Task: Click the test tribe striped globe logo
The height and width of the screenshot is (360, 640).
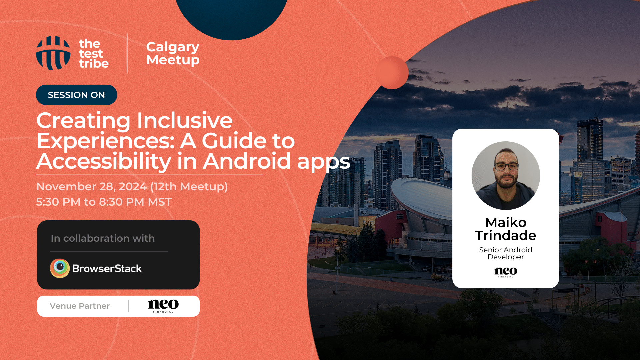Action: click(x=53, y=53)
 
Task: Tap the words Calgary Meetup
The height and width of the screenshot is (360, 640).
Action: click(x=173, y=53)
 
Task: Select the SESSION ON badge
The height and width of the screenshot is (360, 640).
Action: click(x=76, y=95)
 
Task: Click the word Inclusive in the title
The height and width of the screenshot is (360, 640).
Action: click(x=185, y=120)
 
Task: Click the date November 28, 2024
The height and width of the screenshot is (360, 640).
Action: click(x=91, y=187)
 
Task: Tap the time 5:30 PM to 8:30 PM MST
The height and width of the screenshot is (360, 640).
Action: click(x=104, y=202)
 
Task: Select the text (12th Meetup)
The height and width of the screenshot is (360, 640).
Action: click(x=189, y=187)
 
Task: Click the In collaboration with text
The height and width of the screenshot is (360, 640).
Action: click(x=103, y=238)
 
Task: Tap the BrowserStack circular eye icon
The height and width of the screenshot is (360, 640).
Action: click(x=60, y=268)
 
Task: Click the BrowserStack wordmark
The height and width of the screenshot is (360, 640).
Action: click(x=107, y=269)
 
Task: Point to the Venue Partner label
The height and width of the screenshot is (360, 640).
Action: click(x=80, y=306)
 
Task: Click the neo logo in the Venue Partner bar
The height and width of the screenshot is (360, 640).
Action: click(x=163, y=306)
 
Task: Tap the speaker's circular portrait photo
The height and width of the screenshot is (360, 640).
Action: click(x=506, y=176)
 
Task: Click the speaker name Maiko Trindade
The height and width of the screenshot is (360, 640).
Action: click(x=506, y=229)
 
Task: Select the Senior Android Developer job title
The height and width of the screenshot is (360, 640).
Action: click(x=506, y=253)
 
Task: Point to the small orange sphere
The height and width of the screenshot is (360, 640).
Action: click(x=392, y=73)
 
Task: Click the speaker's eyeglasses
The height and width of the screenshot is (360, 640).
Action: click(x=506, y=166)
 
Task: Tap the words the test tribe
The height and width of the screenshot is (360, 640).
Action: click(x=94, y=54)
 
